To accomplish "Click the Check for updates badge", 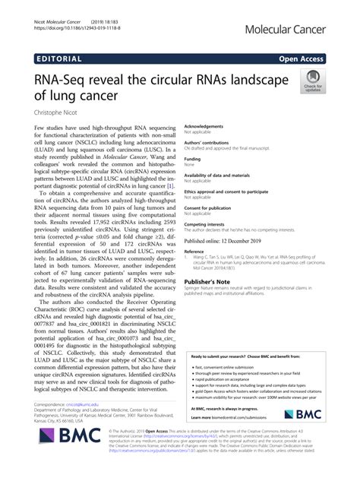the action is pos(311,81).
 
